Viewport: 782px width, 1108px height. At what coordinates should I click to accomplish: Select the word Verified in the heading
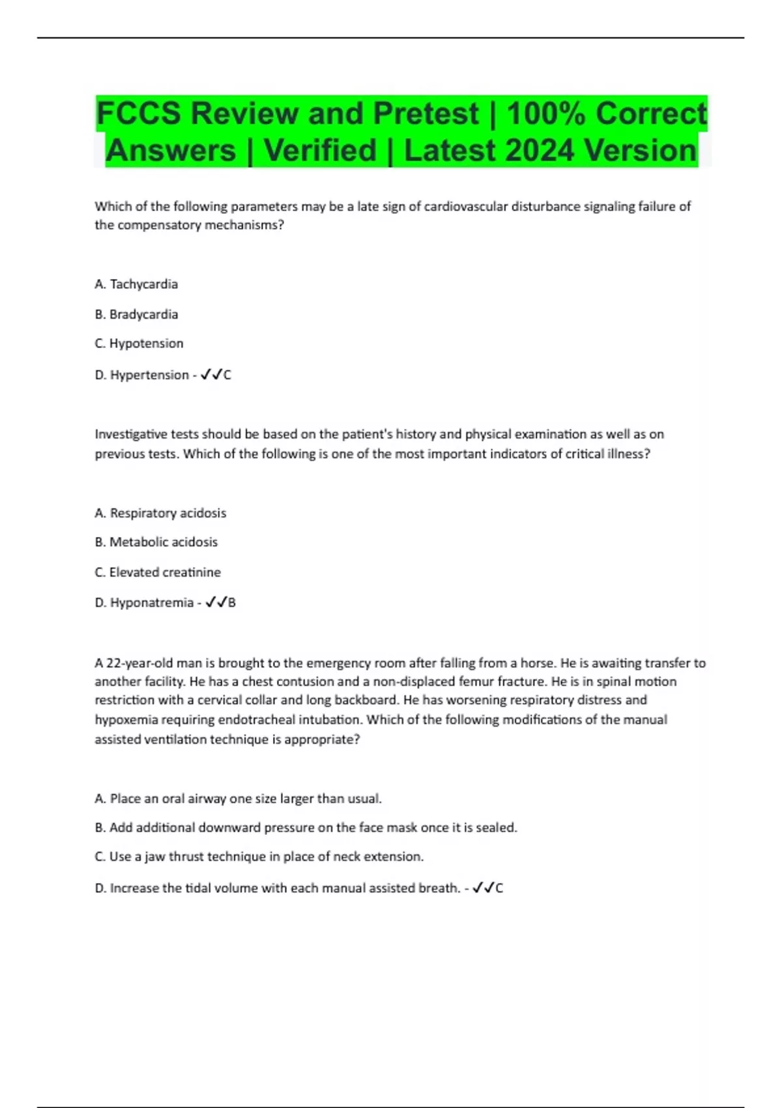tap(320, 151)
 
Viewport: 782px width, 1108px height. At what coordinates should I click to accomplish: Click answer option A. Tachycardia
tap(136, 284)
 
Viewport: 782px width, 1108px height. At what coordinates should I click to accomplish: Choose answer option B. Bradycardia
tap(136, 314)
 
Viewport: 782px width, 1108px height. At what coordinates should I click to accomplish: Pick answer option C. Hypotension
tap(139, 343)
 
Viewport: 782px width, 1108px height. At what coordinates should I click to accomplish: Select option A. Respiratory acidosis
tap(160, 513)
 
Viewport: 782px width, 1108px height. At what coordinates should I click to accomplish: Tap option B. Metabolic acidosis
tap(156, 542)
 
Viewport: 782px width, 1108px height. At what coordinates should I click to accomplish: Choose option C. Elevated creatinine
tap(158, 572)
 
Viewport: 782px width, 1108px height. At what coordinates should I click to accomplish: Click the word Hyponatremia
tap(151, 603)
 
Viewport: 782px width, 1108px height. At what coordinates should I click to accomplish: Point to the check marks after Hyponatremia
tap(216, 603)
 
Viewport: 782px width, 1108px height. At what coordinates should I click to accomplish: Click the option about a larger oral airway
tap(238, 799)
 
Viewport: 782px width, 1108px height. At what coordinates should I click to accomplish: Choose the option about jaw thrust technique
tap(259, 857)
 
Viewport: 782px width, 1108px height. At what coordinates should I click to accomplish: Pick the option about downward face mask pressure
tap(306, 828)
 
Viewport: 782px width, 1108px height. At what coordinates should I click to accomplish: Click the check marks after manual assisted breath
tap(483, 888)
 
